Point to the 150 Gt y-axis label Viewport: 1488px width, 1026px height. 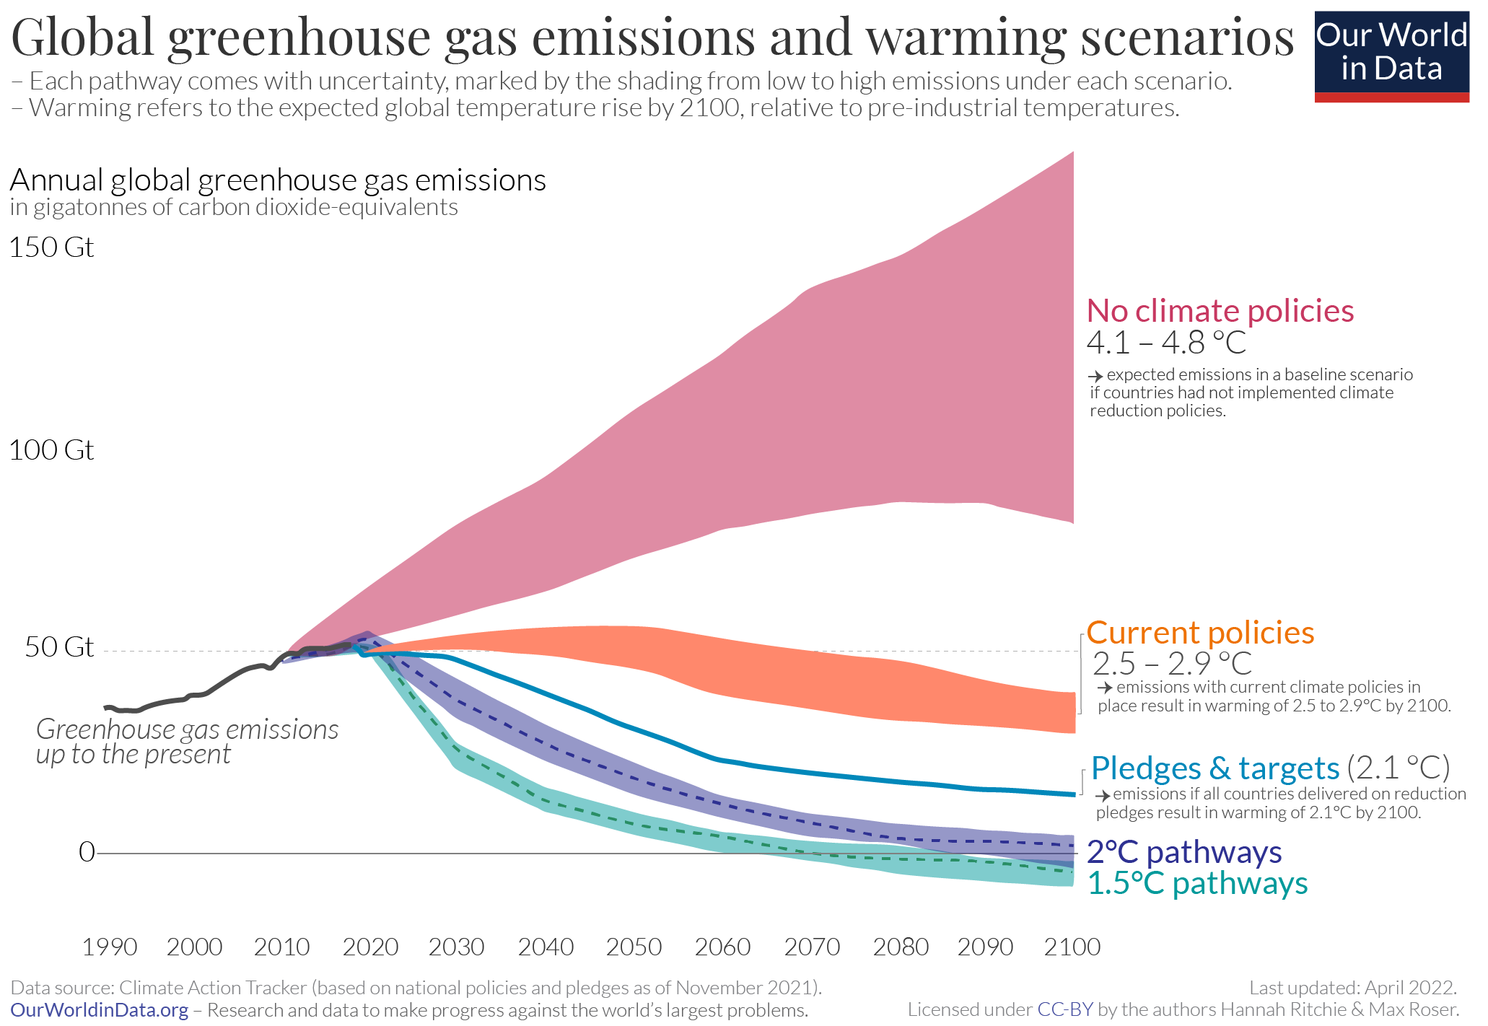(51, 247)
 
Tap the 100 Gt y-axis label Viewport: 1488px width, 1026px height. (51, 450)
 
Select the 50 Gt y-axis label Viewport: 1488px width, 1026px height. (59, 646)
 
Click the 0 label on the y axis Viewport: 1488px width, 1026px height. (87, 852)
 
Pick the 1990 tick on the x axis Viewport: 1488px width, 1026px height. (109, 947)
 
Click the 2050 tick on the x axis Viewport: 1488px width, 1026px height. (634, 947)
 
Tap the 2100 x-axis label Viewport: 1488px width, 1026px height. (1072, 947)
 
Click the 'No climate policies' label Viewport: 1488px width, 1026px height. (1220, 311)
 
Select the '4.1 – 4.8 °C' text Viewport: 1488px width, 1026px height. (1166, 343)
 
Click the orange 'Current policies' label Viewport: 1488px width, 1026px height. (1200, 633)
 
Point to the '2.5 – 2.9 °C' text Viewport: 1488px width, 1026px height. (1172, 664)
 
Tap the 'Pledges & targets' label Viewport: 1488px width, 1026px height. (1215, 768)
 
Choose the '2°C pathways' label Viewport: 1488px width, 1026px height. (1183, 852)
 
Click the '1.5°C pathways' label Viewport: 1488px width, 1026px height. (1196, 884)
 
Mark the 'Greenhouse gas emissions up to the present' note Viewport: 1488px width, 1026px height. (187, 742)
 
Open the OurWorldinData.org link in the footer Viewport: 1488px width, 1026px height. (100, 1010)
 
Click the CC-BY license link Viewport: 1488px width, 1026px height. (1064, 1009)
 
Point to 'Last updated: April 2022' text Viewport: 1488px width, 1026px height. (1352, 987)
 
